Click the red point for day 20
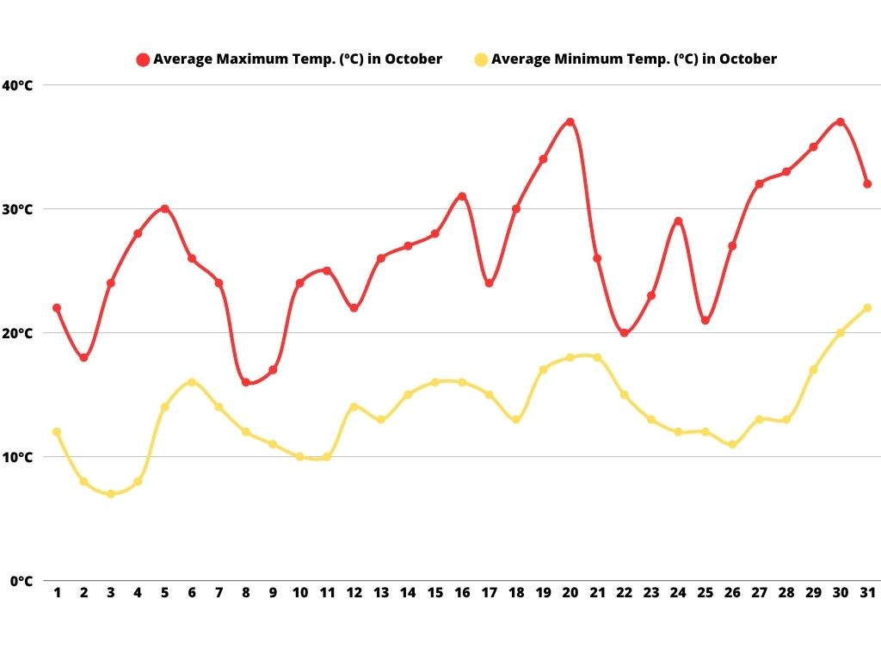pyautogui.click(x=570, y=122)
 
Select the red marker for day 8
pyautogui.click(x=246, y=382)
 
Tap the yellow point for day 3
pyautogui.click(x=111, y=494)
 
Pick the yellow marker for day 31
pyautogui.click(x=867, y=308)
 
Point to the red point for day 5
pyautogui.click(x=164, y=209)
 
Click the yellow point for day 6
pyautogui.click(x=192, y=382)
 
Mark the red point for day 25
pyautogui.click(x=705, y=320)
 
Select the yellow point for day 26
pyautogui.click(x=732, y=445)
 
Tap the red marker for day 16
pyautogui.click(x=462, y=196)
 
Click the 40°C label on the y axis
pyautogui.click(x=17, y=85)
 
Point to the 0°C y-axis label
pyautogui.click(x=21, y=581)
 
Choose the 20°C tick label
pyautogui.click(x=17, y=333)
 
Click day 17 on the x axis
pyautogui.click(x=489, y=593)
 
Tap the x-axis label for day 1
pyautogui.click(x=57, y=593)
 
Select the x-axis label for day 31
pyautogui.click(x=867, y=593)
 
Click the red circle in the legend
pyautogui.click(x=143, y=59)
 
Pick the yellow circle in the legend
pyautogui.click(x=481, y=59)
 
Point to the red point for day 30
pyautogui.click(x=840, y=122)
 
